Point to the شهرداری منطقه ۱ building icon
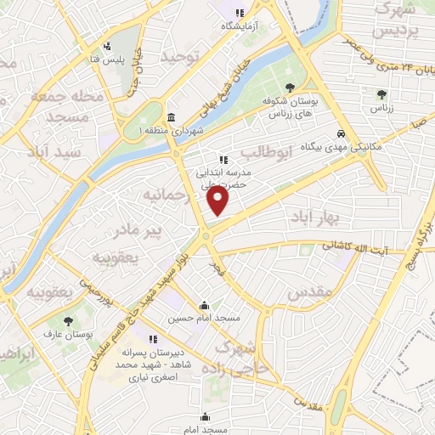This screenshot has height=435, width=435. click(x=172, y=117)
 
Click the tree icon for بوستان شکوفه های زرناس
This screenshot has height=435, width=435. click(x=291, y=88)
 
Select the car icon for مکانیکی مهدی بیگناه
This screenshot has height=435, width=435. click(x=340, y=134)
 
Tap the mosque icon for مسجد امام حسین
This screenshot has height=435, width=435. click(x=204, y=306)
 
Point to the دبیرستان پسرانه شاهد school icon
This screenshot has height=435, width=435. click(x=154, y=339)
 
